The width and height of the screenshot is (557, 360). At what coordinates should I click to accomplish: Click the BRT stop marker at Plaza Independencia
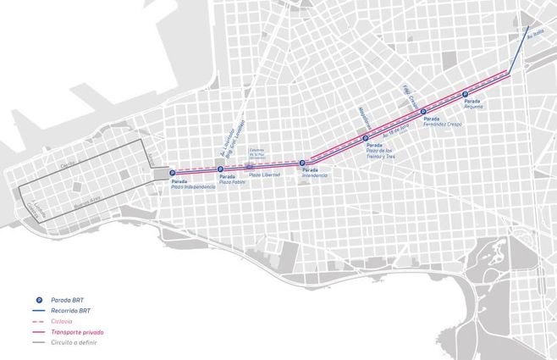point(172,173)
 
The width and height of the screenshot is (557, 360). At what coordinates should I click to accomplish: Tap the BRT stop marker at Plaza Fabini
point(220,169)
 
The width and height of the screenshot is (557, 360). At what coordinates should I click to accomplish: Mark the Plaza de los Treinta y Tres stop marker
point(366,138)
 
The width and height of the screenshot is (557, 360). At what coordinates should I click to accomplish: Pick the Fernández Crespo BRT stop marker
point(423,111)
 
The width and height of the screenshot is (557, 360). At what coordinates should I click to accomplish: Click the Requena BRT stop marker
point(466,94)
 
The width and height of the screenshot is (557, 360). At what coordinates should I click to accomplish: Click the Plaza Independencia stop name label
point(194,186)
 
